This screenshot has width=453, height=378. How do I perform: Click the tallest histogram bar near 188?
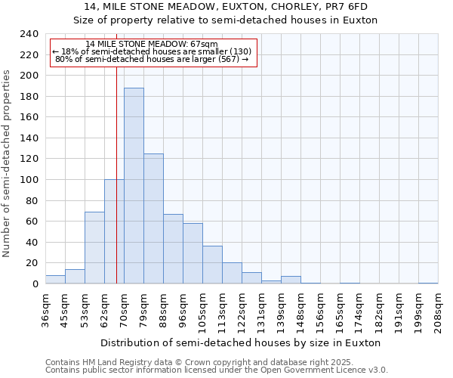(x=134, y=186)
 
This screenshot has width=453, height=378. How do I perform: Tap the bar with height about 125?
(x=153, y=218)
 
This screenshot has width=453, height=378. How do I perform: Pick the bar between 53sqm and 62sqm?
(x=94, y=248)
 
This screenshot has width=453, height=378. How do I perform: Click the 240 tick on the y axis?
(x=29, y=34)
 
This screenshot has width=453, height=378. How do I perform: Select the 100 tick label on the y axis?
(x=29, y=180)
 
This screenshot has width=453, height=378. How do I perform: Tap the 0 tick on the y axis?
(x=35, y=284)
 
